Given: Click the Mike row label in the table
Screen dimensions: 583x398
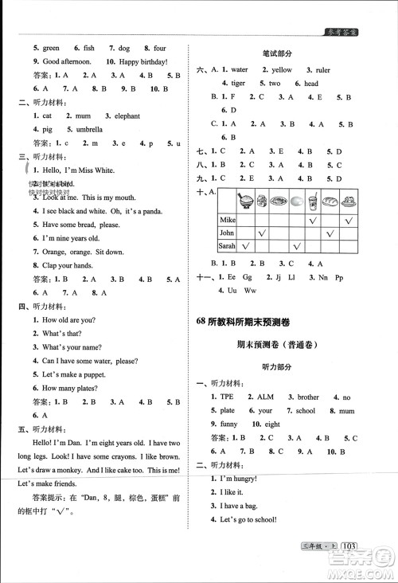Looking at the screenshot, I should click(228, 218).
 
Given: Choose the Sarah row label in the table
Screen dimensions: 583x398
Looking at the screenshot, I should click(228, 246).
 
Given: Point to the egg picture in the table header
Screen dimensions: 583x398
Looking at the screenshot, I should click(296, 202).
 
